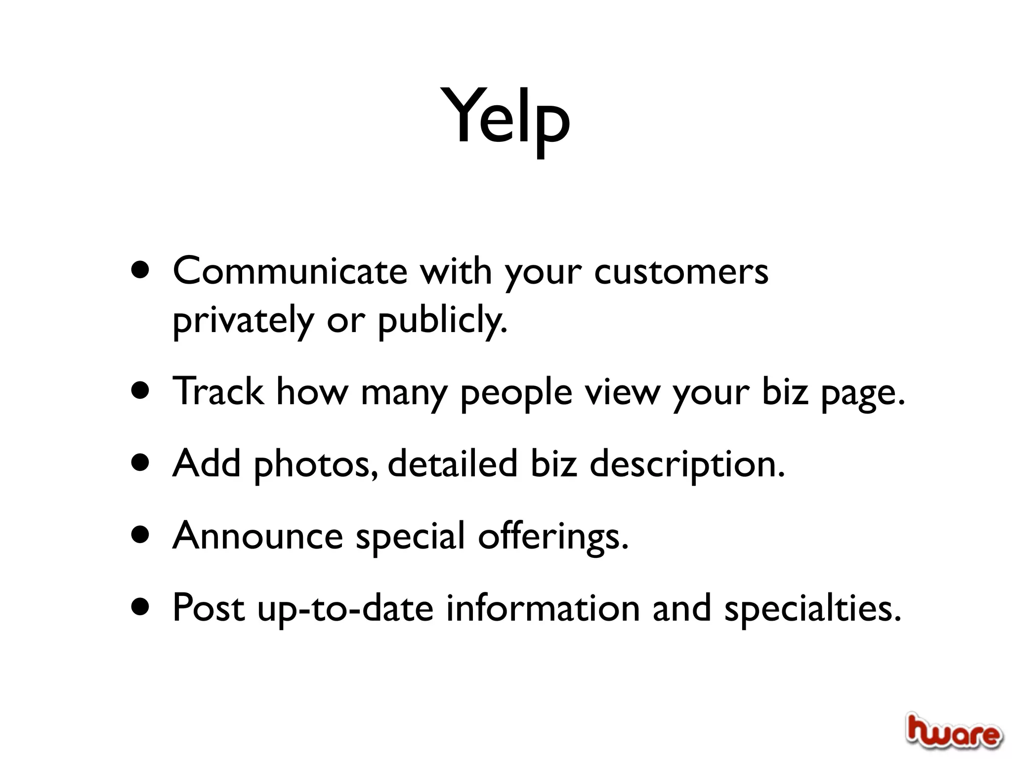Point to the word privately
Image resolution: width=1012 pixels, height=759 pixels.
tap(243, 321)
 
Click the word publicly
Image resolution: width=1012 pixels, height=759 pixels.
tap(442, 321)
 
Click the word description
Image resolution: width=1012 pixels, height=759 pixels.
tap(687, 464)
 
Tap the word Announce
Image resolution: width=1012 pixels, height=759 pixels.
tap(257, 536)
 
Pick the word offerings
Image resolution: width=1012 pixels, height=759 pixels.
tap(553, 537)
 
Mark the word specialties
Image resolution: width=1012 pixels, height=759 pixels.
tap(812, 608)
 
